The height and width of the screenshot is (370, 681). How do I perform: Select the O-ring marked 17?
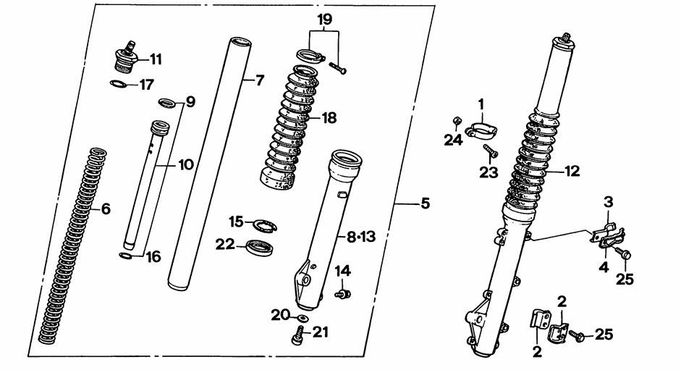click(121, 85)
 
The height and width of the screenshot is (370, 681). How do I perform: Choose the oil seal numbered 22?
click(258, 247)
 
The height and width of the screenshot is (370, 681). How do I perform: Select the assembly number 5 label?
click(424, 205)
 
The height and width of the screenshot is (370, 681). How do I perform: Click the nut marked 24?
click(457, 120)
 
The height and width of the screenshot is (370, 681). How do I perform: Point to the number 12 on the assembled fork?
click(572, 172)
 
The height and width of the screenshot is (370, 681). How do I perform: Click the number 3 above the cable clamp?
click(609, 201)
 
